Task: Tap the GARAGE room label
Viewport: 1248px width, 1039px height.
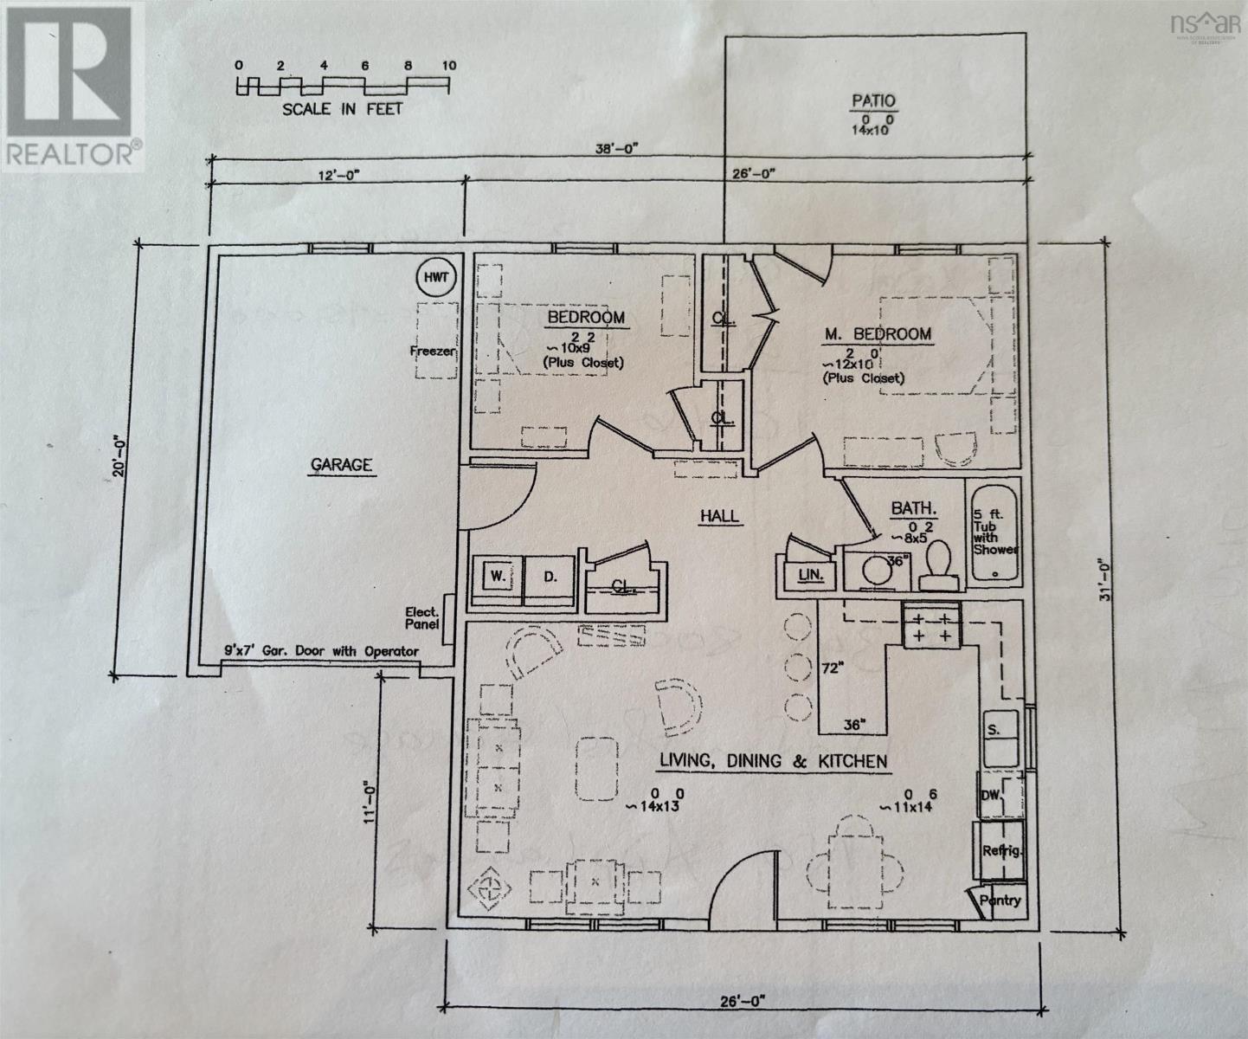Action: click(341, 465)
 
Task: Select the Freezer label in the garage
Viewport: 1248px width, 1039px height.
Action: click(432, 351)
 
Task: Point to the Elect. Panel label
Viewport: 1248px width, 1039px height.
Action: click(422, 617)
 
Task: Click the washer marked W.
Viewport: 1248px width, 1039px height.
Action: click(498, 577)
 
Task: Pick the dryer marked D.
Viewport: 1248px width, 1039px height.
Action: click(550, 577)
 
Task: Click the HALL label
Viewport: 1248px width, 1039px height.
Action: click(719, 516)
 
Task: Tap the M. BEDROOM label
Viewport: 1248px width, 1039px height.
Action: click(877, 333)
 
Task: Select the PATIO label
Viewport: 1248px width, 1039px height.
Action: click(872, 101)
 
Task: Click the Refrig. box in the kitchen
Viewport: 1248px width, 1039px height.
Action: click(1001, 850)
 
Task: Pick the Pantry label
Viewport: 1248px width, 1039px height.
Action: click(1000, 900)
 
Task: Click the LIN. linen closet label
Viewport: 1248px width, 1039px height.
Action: click(810, 575)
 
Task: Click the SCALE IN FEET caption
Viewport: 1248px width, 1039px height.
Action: click(342, 110)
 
